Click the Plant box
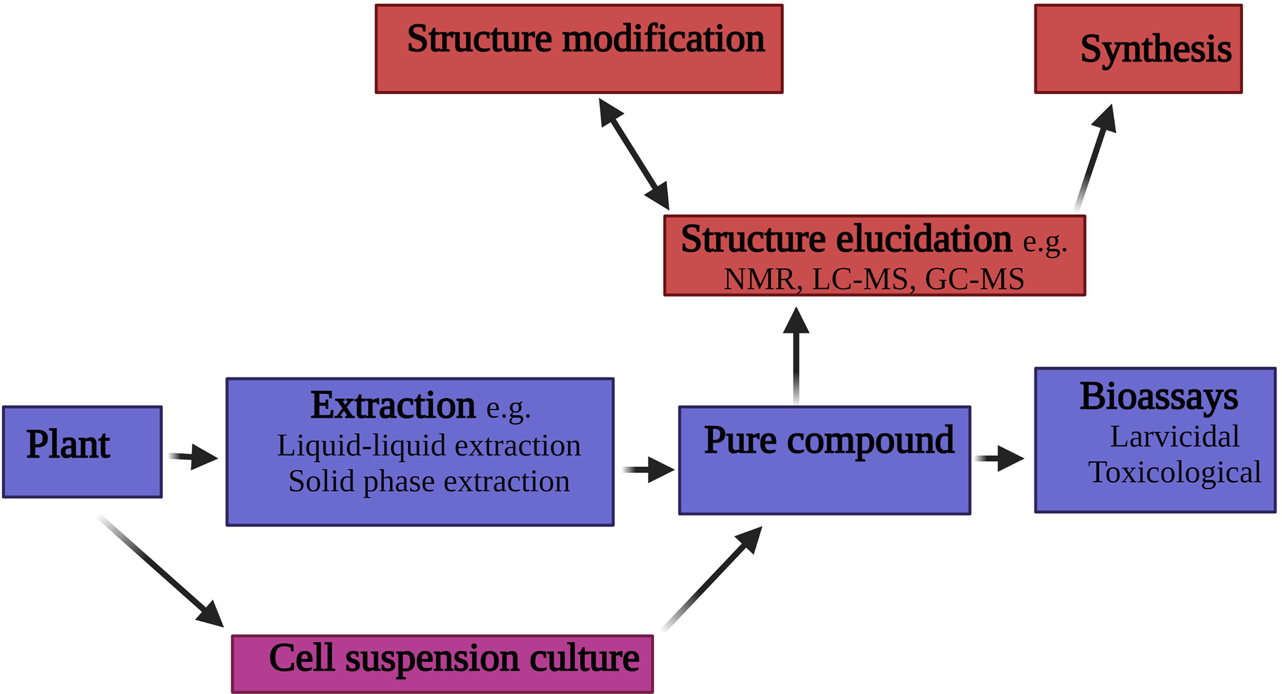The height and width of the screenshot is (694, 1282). coord(82,451)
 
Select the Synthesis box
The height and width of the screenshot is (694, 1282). coord(1138,49)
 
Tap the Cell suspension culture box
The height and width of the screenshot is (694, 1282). coord(442,663)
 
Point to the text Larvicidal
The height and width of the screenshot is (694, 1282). coord(1174,437)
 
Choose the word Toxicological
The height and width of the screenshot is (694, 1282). coord(1174,472)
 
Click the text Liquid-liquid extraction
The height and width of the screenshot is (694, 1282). coord(428,446)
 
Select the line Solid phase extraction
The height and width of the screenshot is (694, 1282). coord(428,481)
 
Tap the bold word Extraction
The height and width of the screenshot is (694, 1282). coord(393,406)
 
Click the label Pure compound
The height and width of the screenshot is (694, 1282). coord(828,441)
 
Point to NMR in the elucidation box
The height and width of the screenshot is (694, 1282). coord(760,279)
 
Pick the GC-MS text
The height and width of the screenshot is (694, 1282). coord(974,279)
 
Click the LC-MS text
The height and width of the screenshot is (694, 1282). coord(859,279)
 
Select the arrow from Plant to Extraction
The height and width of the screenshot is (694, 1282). coord(193,457)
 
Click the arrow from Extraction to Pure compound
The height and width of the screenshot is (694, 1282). coord(648,470)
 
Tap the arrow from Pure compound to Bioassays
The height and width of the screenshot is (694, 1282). coord(1000,458)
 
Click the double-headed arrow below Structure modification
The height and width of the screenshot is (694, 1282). coord(634,154)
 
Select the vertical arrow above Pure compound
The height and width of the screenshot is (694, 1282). coord(796,355)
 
